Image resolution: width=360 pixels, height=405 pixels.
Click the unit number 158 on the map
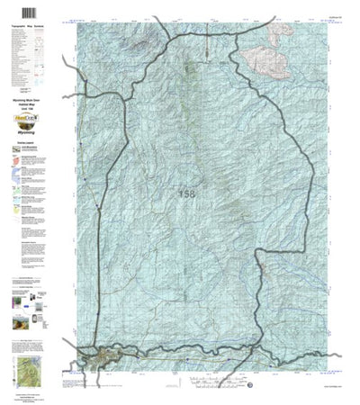coord(185,193)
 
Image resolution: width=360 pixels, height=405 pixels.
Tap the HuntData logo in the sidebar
coord(31,115)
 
